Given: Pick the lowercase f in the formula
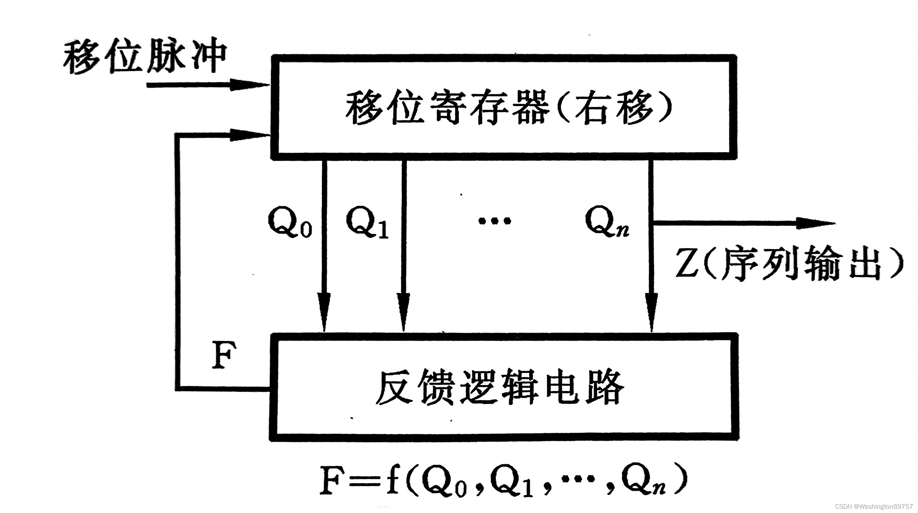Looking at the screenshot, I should click(392, 479).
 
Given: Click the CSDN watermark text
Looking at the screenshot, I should click(875, 506).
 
